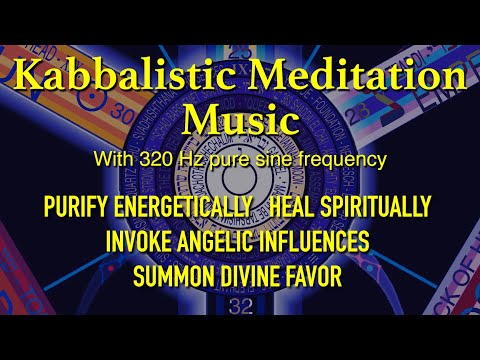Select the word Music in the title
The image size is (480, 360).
pos(240,122)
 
